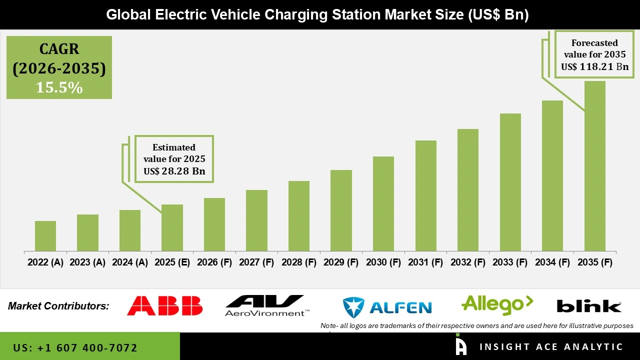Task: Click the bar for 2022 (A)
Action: [45, 236]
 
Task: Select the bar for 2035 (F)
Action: [594, 166]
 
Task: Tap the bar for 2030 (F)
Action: [383, 203]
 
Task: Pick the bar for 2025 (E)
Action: [172, 227]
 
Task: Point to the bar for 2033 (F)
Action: [510, 182]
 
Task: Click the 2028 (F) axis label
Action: [299, 262]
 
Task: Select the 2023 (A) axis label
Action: [87, 262]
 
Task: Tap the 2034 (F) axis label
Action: [552, 262]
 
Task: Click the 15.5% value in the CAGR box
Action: [59, 87]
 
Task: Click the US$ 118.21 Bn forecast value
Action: [594, 66]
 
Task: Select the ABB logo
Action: [164, 305]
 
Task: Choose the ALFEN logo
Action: [387, 306]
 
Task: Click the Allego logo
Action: [497, 304]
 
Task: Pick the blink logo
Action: [589, 306]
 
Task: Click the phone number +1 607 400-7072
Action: [75, 347]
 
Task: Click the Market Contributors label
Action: [58, 306]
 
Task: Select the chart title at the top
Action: [317, 14]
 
